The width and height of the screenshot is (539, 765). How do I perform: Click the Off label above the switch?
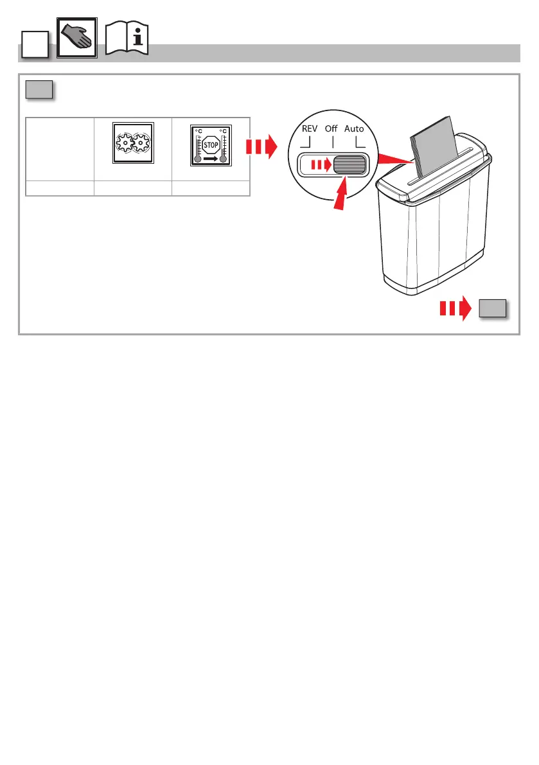coord(331,128)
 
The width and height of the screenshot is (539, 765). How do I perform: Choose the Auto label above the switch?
coord(354,128)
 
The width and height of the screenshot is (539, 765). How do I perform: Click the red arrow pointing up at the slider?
coord(340,193)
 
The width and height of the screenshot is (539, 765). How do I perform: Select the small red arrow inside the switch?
coord(320,164)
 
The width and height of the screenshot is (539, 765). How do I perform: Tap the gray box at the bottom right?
coord(492,309)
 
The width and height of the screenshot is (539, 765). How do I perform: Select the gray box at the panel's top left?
coord(39,90)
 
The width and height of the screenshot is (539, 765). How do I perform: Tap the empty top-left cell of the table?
coord(59,149)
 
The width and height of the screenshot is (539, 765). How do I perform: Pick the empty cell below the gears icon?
coord(132,188)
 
